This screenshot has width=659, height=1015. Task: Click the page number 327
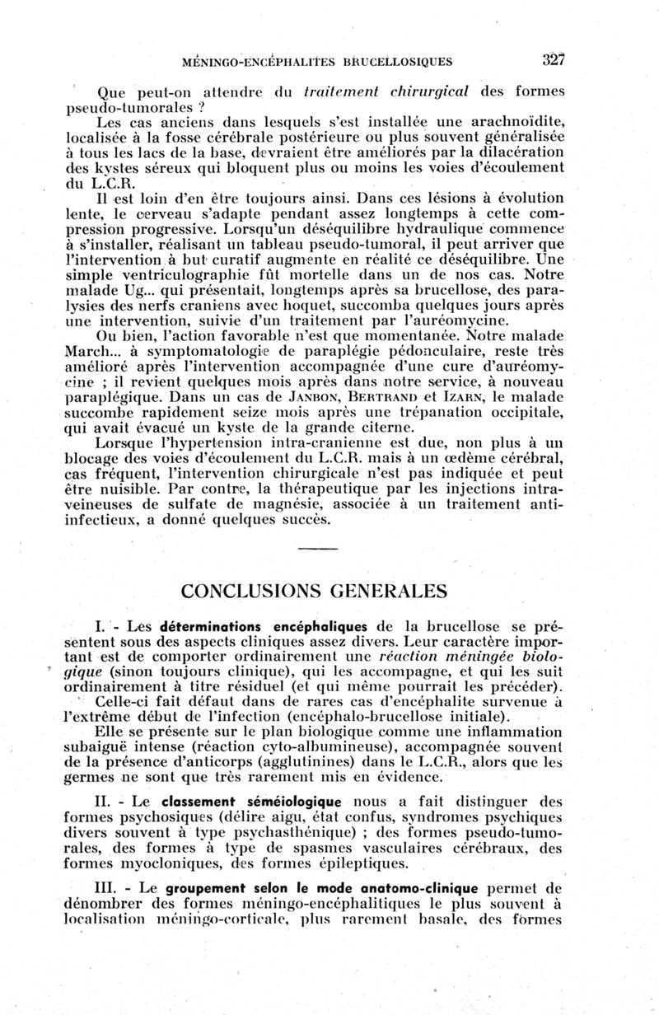coord(554,58)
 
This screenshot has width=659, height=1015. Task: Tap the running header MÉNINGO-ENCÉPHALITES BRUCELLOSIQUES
coord(327,60)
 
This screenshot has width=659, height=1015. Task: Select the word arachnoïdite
coord(506,122)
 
